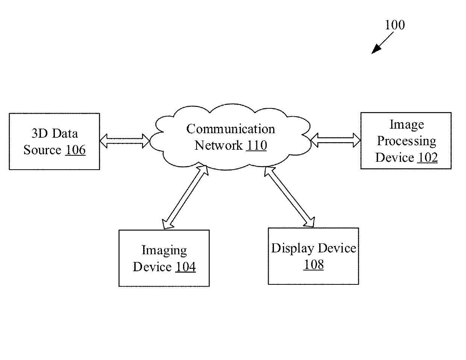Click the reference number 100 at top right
(x=395, y=25)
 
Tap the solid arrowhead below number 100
(x=376, y=49)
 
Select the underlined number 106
(x=75, y=150)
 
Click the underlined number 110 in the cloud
(x=256, y=145)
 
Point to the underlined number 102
(x=427, y=158)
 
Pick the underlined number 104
(x=186, y=267)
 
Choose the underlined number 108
(x=313, y=264)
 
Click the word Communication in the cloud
(x=230, y=129)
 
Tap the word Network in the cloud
(x=218, y=145)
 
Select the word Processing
(x=407, y=141)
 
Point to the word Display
(x=293, y=249)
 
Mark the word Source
(x=42, y=150)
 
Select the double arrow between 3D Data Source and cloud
(x=125, y=141)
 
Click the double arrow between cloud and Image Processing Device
(x=335, y=140)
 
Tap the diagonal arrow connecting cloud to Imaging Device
(x=185, y=197)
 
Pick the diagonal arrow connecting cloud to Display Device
(x=289, y=197)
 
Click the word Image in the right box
(x=407, y=125)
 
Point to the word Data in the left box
(x=65, y=133)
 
